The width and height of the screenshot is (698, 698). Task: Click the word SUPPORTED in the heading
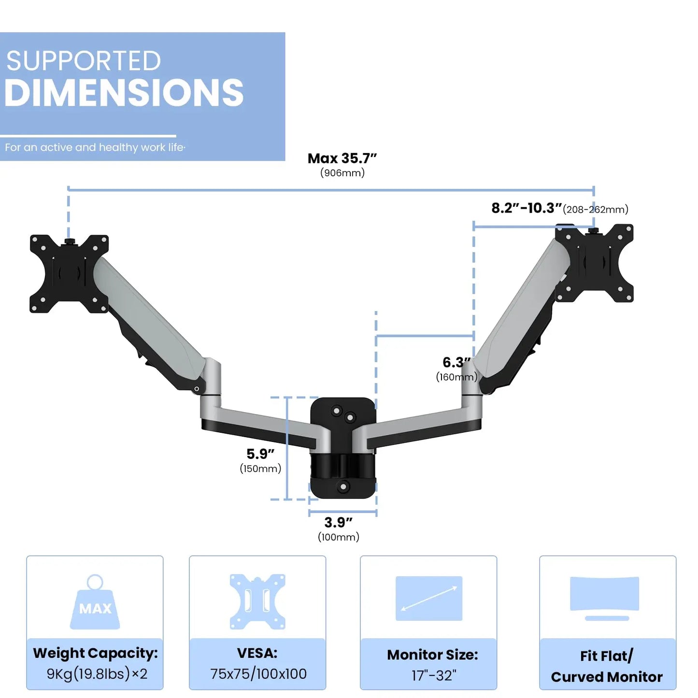coord(83,60)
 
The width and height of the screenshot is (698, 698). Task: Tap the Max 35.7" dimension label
coord(342,158)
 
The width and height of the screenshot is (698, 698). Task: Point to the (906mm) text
coord(342,173)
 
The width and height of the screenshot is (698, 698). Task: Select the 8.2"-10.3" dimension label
coord(527,208)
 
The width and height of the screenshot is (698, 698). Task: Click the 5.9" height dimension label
coord(260,454)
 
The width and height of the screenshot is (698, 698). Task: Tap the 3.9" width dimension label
coord(338,522)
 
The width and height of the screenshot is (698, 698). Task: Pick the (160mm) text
coord(456,377)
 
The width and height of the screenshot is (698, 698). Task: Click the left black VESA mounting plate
coord(69,274)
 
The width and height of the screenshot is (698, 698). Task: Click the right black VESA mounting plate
coord(594,263)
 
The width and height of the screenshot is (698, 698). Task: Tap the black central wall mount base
coord(342,448)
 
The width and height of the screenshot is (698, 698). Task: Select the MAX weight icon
coord(95,602)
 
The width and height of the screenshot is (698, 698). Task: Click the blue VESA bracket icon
coord(257,602)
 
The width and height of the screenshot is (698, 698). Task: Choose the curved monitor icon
coord(605,598)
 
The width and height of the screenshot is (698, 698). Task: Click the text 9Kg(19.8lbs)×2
coord(97,673)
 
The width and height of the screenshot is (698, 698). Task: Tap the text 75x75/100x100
coord(258,674)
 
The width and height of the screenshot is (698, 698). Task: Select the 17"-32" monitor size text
coord(434,675)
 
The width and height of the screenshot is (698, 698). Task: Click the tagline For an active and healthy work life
coord(95,147)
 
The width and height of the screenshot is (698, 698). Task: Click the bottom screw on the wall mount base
coord(342,486)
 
